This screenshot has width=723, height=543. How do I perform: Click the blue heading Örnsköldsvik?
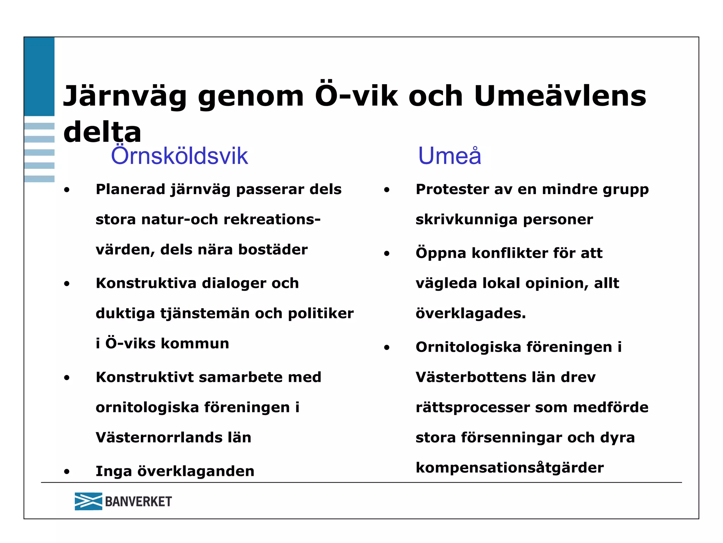[x=179, y=156]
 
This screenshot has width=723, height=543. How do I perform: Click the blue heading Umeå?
[x=449, y=156]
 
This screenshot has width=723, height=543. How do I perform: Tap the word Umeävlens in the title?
[x=560, y=96]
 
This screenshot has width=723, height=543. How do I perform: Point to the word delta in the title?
[x=102, y=132]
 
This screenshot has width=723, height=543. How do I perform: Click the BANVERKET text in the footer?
[x=138, y=501]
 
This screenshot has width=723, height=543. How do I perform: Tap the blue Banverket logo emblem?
[x=88, y=501]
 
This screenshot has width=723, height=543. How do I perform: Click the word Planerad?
[x=130, y=189]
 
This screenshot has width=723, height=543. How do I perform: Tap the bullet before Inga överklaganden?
[x=67, y=472]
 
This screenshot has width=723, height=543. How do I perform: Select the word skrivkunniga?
[x=466, y=220]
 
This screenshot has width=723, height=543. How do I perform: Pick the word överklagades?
[x=471, y=314]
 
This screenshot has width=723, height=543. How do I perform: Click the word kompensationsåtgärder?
[x=509, y=468]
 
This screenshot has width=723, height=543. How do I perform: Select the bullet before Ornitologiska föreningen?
[x=387, y=348]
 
